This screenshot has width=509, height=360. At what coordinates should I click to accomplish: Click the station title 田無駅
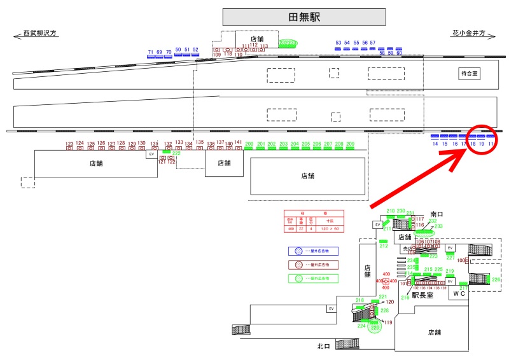coord(304,17)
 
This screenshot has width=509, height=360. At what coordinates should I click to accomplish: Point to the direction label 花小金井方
coord(470,33)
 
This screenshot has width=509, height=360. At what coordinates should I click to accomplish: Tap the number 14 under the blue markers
coord(435,144)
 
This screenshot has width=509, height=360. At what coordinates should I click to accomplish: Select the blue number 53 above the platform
coord(338,43)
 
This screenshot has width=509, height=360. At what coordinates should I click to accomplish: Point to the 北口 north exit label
coord(324,347)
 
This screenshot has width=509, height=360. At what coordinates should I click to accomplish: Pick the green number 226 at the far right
coord(496,279)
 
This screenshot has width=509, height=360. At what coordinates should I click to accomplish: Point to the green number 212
coord(383,246)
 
